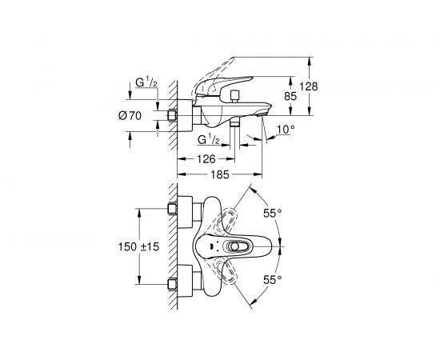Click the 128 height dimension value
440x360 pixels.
coord(308,86)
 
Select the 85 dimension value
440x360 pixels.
coord(290,96)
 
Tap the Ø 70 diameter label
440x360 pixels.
coord(130,115)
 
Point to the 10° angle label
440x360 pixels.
coord(286,130)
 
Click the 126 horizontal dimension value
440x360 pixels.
coord(206,159)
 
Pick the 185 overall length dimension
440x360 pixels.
coord(220,174)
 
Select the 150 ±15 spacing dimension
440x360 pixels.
coord(138,246)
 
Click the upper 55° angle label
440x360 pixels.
coord(272,214)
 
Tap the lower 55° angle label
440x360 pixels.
coord(272,279)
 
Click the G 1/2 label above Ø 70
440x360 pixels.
coord(146,82)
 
